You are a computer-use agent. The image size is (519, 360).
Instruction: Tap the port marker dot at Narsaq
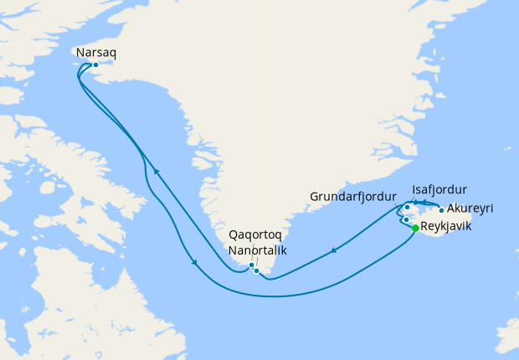(95, 64)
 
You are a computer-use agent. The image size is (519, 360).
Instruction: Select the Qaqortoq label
(254, 236)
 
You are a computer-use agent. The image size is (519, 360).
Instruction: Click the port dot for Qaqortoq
(251, 265)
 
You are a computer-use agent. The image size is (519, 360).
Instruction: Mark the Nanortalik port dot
(257, 270)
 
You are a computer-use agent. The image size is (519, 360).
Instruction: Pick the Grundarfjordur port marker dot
(406, 220)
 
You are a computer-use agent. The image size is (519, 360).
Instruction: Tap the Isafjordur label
(439, 189)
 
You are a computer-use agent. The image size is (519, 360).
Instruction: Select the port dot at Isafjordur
(408, 207)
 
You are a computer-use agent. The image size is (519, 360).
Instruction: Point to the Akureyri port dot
(441, 210)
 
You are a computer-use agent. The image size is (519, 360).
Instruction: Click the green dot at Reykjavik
(415, 226)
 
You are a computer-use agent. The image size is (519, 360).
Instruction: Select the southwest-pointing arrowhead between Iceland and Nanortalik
(334, 249)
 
